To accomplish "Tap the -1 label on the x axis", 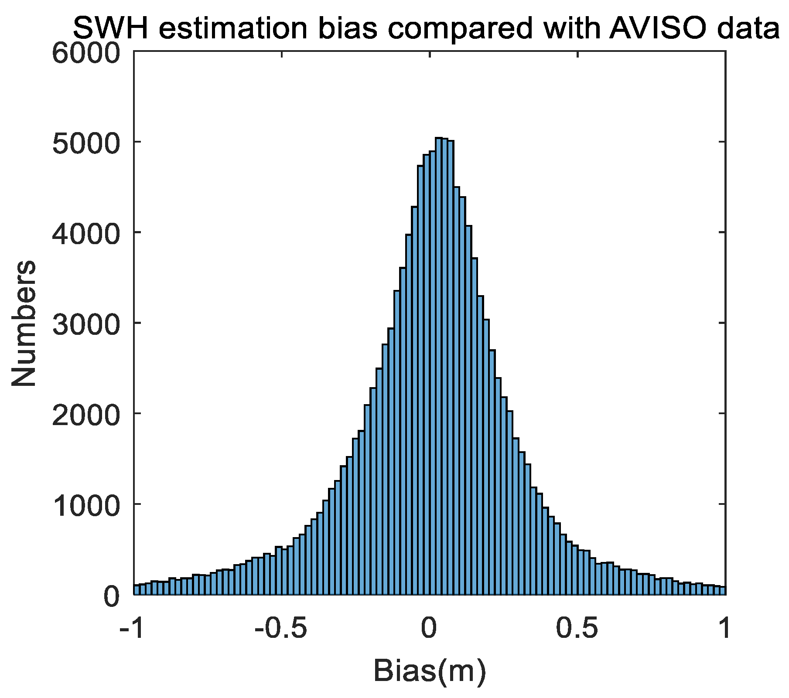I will coord(132,629).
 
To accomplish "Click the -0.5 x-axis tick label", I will coord(281,629).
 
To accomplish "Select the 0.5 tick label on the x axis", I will coord(577,629).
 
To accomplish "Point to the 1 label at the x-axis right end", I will coord(724,629).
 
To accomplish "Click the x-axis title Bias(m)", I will coord(429,671).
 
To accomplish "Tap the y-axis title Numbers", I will coord(24,323).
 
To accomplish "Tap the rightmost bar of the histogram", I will coord(722,591).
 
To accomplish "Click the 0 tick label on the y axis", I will coord(111,596).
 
